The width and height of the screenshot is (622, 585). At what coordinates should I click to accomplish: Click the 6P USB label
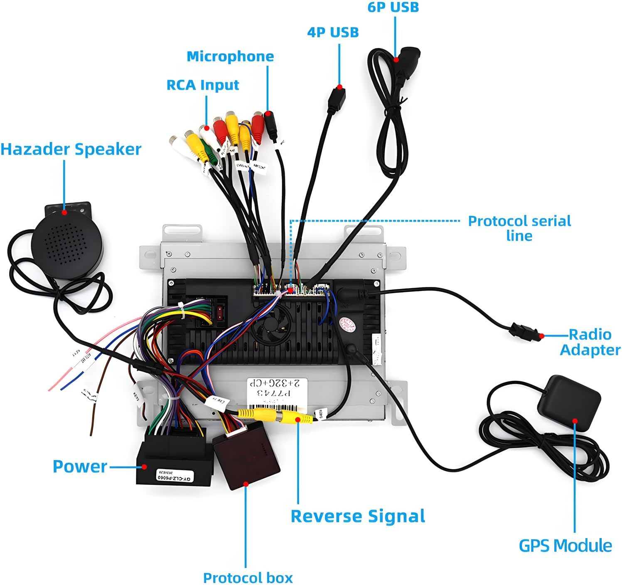tap(393, 7)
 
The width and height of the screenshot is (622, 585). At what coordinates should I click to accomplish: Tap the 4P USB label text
tap(333, 32)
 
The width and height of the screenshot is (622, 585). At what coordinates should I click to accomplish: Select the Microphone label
tap(230, 56)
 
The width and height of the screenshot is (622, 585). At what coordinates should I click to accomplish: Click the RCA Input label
tap(203, 85)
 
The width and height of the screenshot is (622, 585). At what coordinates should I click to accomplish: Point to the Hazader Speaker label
tap(71, 149)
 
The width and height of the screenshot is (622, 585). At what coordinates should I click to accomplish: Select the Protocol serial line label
tap(519, 228)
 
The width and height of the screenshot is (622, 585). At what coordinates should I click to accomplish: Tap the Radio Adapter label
tap(590, 342)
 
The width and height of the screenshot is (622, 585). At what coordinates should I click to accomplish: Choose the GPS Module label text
tap(565, 546)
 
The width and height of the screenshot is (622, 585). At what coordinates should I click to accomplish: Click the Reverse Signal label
tap(358, 516)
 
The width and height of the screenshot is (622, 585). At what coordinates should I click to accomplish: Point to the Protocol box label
tap(248, 578)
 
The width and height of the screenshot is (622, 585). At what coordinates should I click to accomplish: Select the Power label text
tap(80, 467)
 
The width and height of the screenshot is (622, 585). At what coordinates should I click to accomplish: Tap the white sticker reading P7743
tap(276, 392)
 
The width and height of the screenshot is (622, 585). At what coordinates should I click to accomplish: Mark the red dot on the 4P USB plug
tap(339, 87)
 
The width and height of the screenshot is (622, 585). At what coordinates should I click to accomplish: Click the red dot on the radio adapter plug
tap(541, 335)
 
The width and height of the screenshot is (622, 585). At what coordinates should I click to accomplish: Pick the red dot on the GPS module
tap(575, 421)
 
